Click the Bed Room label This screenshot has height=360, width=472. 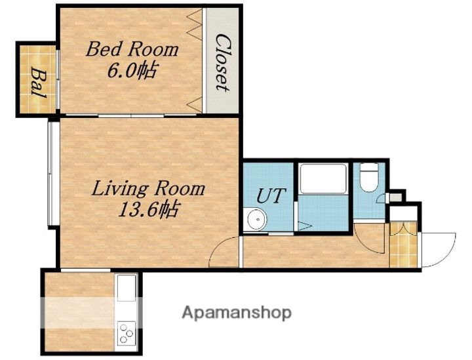coord(132,50)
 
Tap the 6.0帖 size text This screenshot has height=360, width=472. coord(132,71)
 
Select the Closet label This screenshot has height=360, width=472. coord(223,62)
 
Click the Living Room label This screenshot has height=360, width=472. coord(148,189)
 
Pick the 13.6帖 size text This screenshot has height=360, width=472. coord(148,209)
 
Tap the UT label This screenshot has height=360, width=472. coord(270,195)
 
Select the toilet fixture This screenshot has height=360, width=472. coord(369,177)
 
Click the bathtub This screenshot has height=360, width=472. coord(323,178)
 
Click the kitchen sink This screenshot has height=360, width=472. coord(127,289)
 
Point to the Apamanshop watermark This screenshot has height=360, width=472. coord(237,313)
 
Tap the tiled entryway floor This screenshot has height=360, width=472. coord(403,245)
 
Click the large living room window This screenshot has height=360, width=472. coord(50,173)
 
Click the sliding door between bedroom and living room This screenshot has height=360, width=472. coord(131,115)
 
